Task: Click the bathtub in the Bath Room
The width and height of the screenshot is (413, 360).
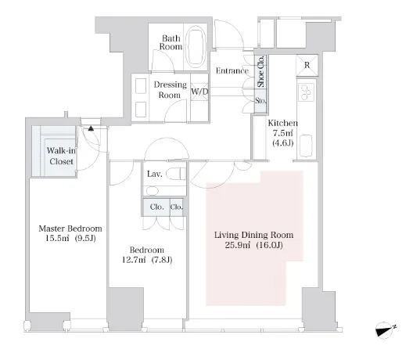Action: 196,47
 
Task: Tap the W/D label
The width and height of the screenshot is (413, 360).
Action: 199,92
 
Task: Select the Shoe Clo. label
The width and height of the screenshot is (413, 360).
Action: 260,71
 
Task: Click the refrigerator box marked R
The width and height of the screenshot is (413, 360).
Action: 307,66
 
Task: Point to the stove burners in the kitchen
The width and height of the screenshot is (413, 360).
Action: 307,92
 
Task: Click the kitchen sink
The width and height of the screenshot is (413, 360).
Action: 306,146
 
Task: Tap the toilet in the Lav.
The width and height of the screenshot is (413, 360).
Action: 175,174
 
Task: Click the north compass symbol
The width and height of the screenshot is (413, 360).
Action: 385,329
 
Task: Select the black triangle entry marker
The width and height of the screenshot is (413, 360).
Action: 91,128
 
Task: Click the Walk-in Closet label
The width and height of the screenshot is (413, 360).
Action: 61,156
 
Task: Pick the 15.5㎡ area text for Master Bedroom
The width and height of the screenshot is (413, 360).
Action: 57,239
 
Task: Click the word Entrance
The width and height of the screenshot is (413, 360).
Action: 232,70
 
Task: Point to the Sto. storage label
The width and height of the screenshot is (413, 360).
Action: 260,101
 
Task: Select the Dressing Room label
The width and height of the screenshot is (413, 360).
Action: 171,89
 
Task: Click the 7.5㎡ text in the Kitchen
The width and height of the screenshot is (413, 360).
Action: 283,133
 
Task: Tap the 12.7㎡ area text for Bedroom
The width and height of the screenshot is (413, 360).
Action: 134,260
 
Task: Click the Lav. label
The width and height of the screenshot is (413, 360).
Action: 155,174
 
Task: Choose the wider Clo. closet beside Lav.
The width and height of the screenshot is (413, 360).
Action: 156,207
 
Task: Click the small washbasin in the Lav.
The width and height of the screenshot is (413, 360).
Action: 153,190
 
